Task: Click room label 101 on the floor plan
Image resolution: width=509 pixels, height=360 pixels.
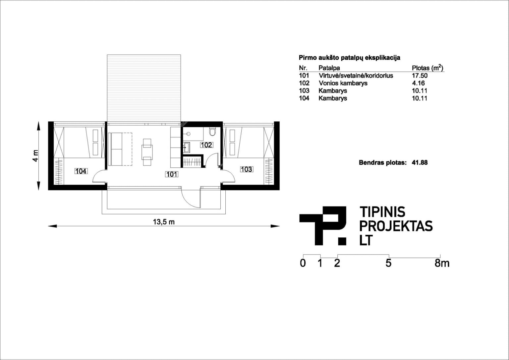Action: pyautogui.click(x=172, y=174)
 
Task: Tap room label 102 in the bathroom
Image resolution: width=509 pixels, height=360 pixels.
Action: pyautogui.click(x=206, y=145)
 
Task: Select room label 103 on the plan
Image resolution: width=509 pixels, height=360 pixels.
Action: pyautogui.click(x=247, y=169)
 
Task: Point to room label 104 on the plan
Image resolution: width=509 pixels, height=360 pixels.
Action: pyautogui.click(x=81, y=171)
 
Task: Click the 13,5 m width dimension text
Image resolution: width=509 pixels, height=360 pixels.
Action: pyautogui.click(x=164, y=222)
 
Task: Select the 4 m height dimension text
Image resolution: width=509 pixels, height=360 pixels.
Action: pyautogui.click(x=35, y=156)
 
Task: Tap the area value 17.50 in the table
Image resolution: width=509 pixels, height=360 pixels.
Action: pyautogui.click(x=420, y=76)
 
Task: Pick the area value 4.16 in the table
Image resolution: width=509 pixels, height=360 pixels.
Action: pyautogui.click(x=418, y=83)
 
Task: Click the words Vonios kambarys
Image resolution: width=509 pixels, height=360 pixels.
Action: pyautogui.click(x=343, y=83)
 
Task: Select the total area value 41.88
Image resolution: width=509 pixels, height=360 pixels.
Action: pyautogui.click(x=420, y=162)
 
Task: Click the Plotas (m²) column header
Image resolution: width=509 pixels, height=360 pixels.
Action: pyautogui.click(x=427, y=68)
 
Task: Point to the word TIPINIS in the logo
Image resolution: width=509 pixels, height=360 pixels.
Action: pyautogui.click(x=382, y=212)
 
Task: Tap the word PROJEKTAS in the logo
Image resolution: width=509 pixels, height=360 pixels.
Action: pyautogui.click(x=396, y=226)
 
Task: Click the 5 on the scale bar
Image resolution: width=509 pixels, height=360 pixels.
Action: pyautogui.click(x=389, y=263)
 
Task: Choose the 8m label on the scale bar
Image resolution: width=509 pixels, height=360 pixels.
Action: pyautogui.click(x=442, y=263)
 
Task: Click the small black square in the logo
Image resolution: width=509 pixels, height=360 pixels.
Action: pyautogui.click(x=342, y=241)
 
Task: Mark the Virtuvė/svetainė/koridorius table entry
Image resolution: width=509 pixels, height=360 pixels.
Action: pyautogui.click(x=356, y=76)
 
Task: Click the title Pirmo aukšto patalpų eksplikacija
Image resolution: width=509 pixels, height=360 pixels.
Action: pyautogui.click(x=350, y=58)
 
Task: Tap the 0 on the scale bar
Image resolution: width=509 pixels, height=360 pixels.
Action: pyautogui.click(x=303, y=263)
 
